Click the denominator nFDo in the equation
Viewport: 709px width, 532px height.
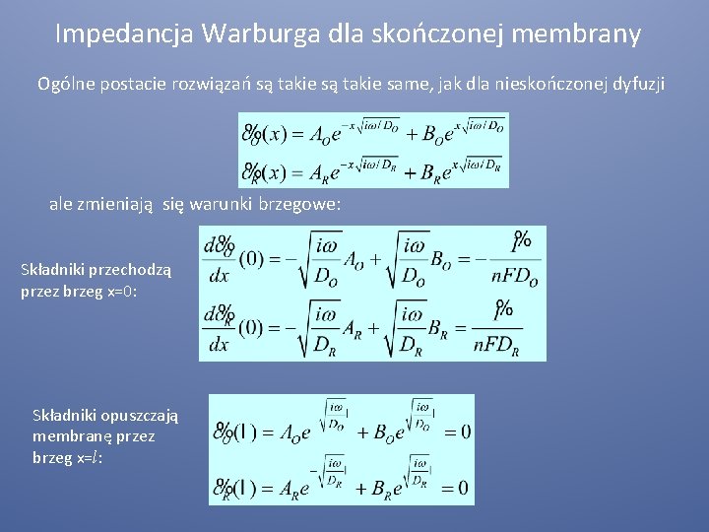[515, 279]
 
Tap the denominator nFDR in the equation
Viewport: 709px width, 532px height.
[508, 345]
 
